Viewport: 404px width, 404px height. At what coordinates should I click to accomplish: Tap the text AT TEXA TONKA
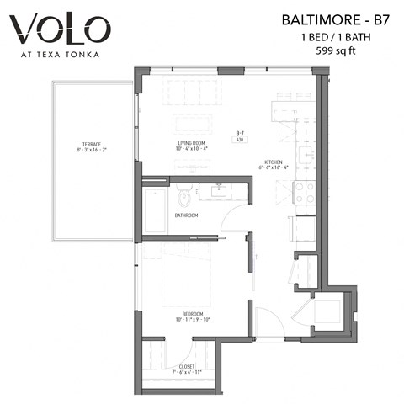tap(61, 56)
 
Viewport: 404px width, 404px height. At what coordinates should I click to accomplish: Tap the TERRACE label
tap(91, 144)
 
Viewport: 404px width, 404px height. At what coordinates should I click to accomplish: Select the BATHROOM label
tap(186, 215)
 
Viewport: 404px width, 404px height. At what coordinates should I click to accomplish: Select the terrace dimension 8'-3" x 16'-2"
tap(91, 150)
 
